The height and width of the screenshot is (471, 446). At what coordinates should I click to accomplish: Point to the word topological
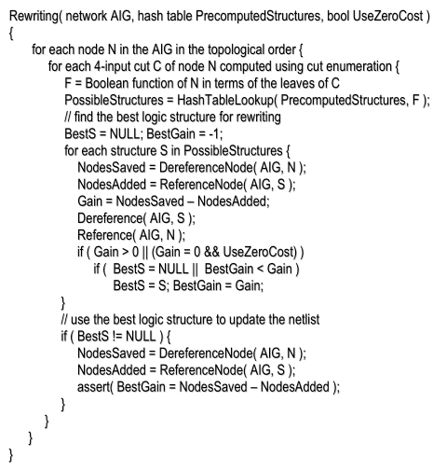(225, 48)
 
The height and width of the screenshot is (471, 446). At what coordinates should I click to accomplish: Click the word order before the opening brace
(273, 48)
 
